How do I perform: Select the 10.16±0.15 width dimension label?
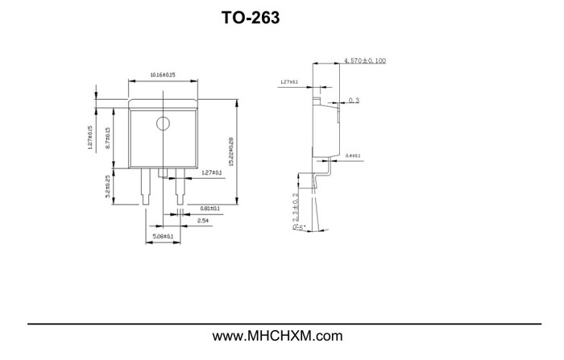(163, 75)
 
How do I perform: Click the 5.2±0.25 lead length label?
(108, 188)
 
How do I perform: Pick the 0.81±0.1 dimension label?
(209, 209)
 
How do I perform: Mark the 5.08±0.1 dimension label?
(163, 237)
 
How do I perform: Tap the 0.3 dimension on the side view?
(355, 101)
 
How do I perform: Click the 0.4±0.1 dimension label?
(353, 155)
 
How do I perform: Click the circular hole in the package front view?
(163, 123)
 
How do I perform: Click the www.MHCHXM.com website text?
(277, 336)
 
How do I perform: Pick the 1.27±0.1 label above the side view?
(289, 82)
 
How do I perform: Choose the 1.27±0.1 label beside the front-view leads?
(211, 173)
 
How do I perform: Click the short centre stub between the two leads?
(163, 172)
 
